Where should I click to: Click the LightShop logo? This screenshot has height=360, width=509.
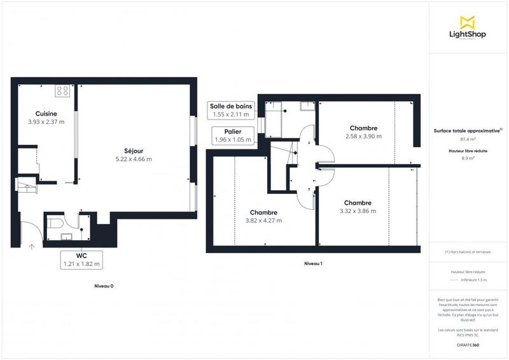click(468, 29)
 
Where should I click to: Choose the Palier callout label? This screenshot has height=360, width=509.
click(233, 135)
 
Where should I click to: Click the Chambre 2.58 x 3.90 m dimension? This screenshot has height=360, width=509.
click(363, 136)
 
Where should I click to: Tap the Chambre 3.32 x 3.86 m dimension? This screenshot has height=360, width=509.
click(358, 211)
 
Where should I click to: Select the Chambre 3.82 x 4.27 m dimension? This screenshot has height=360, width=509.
click(263, 221)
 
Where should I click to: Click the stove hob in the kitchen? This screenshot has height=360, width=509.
click(62, 91)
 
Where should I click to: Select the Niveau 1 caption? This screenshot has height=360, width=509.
click(313, 263)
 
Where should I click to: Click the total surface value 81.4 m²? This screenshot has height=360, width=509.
click(468, 139)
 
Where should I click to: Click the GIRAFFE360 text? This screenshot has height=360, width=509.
click(468, 344)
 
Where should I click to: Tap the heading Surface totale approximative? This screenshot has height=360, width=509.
click(468, 130)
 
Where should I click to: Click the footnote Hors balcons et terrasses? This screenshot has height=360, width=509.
click(468, 252)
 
